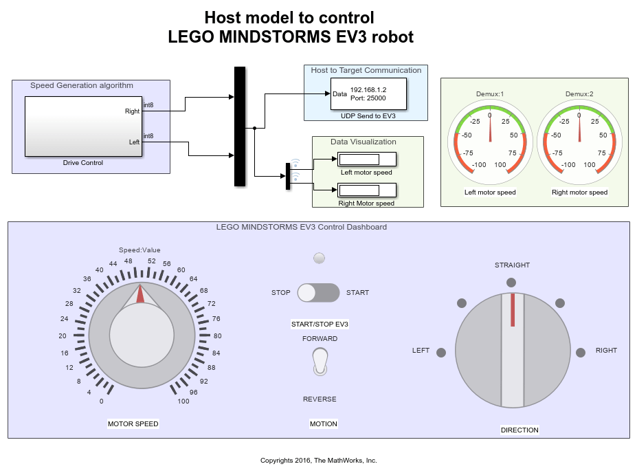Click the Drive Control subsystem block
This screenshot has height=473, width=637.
83,126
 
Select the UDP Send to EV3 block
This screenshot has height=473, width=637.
368,94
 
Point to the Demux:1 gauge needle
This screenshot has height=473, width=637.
490,128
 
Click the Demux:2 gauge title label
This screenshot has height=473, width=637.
579,94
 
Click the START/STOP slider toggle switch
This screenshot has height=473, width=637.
319,292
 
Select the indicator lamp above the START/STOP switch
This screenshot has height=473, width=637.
319,258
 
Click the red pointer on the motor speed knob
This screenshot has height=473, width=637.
140,294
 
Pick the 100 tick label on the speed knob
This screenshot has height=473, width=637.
183,401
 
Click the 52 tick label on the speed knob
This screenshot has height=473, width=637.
152,261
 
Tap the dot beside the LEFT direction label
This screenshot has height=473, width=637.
441,352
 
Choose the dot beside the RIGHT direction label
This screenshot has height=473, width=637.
581,352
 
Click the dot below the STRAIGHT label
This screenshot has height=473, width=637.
511,282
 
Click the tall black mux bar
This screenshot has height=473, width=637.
240,126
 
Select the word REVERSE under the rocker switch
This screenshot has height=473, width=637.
320,399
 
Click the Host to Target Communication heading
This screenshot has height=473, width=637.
366,70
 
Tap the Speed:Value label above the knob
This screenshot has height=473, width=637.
139,250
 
